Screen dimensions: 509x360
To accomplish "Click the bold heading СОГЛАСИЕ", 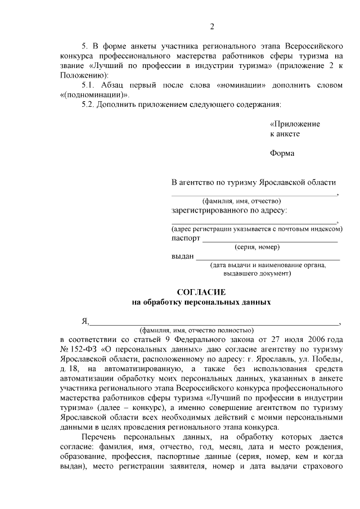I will pos(201,292).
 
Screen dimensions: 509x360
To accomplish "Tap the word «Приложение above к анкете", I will pos(295,124).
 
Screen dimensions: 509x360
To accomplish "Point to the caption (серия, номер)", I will pos(256,247).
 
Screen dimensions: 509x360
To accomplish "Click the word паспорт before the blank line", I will pos(186,238).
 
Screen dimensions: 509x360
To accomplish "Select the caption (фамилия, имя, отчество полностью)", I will pos(197,330).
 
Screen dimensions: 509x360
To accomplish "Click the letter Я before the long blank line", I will pos(85,321).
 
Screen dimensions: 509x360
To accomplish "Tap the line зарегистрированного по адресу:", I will pos(229,210).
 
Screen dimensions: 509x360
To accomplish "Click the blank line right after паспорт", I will pos(270,239).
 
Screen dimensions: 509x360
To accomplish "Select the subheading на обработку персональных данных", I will pos(201,302).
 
